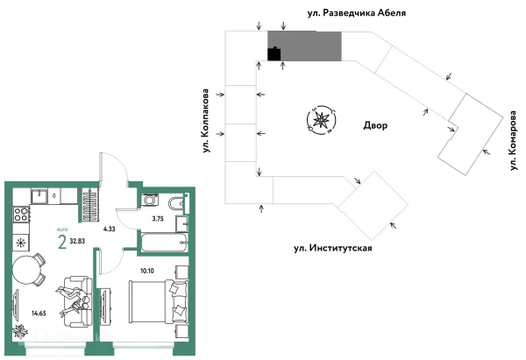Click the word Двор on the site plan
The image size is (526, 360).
(x=375, y=126)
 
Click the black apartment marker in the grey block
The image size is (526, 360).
(x=274, y=53)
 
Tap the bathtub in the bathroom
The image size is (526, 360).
(x=162, y=241)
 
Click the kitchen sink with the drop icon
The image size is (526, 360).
(x=40, y=195)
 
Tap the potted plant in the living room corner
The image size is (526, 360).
(x=20, y=332)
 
